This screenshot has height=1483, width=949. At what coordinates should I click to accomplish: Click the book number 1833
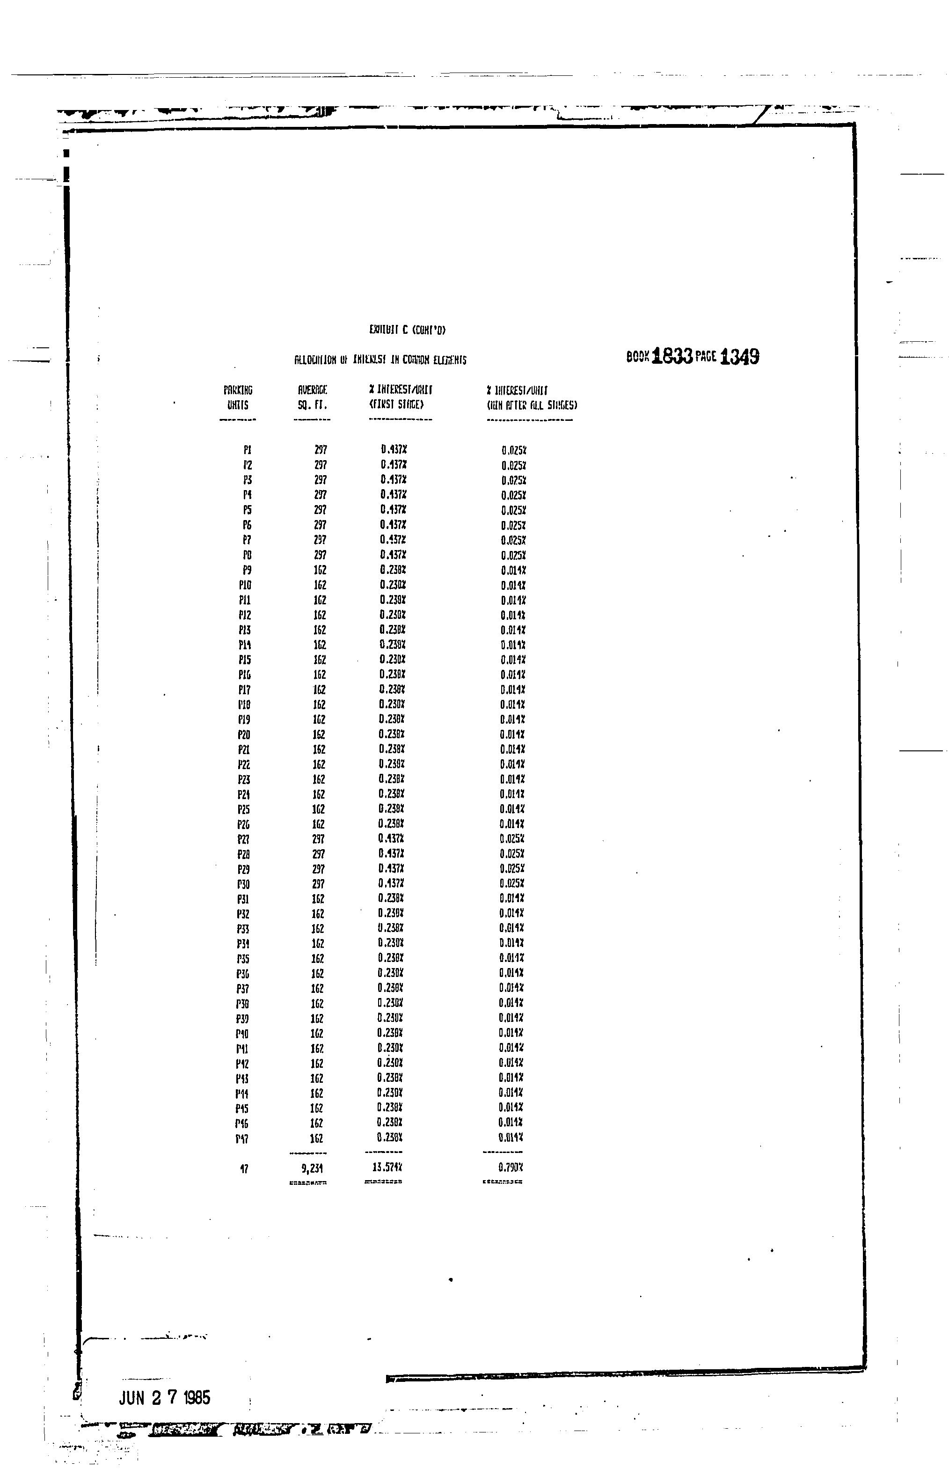click(672, 356)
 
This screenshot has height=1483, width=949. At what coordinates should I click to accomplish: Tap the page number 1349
click(739, 356)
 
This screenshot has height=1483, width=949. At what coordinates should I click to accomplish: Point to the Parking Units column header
click(238, 397)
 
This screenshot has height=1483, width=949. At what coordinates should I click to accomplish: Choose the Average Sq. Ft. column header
click(313, 397)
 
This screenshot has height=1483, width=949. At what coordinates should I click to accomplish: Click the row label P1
click(247, 451)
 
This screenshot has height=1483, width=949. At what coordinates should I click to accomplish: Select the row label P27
click(244, 839)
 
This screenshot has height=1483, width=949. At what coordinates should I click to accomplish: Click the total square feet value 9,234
click(313, 1168)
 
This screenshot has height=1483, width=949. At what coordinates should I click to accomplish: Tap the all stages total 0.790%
click(511, 1167)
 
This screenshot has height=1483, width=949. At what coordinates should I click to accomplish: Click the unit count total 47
click(244, 1168)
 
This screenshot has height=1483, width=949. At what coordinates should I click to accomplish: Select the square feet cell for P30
click(318, 884)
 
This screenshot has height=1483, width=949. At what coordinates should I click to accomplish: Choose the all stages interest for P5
click(513, 510)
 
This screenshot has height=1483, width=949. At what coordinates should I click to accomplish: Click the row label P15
click(245, 660)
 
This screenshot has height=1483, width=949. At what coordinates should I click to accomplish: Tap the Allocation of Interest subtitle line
click(380, 360)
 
